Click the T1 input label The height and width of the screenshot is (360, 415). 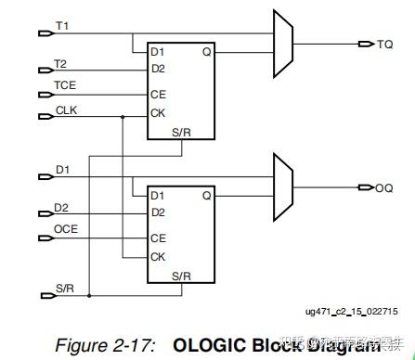point(62,25)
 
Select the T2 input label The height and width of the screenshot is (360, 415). point(60,64)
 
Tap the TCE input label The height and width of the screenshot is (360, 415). point(64,87)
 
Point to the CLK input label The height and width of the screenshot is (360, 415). point(66,109)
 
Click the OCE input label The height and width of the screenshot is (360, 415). point(65,228)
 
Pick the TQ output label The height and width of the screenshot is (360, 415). point(385,44)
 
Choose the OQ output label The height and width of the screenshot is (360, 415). point(383,187)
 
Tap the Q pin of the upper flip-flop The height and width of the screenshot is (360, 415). point(206,51)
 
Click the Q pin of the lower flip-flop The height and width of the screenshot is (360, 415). point(206,196)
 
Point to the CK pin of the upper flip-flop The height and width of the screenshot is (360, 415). point(159,114)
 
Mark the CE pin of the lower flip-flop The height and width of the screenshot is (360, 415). point(159,238)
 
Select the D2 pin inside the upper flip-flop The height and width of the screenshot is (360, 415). point(159,69)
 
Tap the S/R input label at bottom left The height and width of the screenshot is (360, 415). point(64,288)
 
